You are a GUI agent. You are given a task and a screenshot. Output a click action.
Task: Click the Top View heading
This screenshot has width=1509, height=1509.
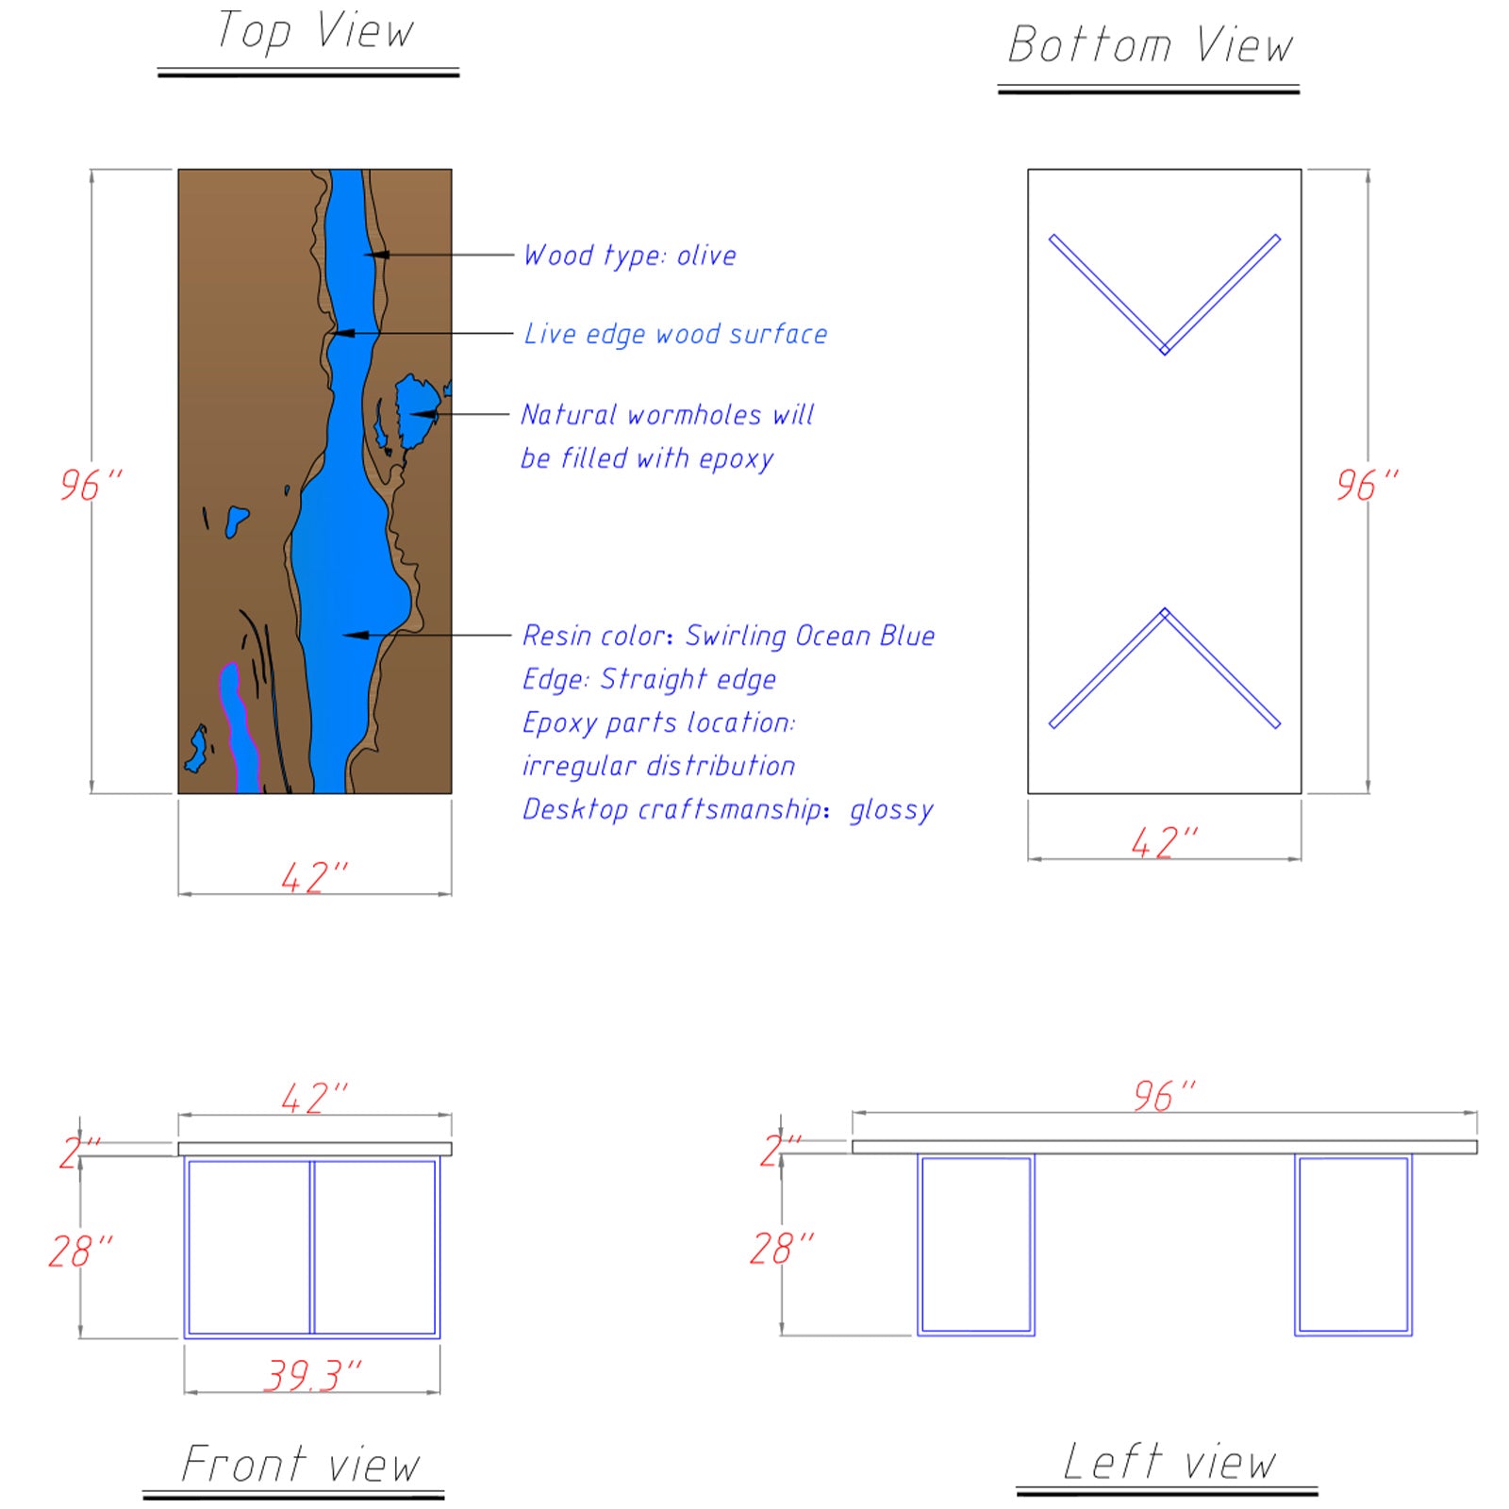[x=314, y=31]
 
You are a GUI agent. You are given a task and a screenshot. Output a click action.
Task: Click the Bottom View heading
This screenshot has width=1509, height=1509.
[x=1150, y=45]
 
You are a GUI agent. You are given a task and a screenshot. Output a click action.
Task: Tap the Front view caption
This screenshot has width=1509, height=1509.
[x=300, y=1464]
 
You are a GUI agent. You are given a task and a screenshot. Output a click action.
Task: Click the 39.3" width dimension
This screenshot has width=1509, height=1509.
[x=313, y=1375]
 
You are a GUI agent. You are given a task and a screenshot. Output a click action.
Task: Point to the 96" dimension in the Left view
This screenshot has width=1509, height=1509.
[x=1164, y=1096]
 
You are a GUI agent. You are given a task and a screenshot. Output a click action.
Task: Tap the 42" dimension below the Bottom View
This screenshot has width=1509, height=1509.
[x=1164, y=842]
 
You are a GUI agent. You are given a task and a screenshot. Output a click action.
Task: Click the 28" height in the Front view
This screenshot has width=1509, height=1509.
[x=80, y=1252]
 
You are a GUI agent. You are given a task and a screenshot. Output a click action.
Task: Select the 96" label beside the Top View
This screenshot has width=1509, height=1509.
[x=91, y=485]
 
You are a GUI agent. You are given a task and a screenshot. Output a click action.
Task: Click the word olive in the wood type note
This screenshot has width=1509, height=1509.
[x=706, y=256]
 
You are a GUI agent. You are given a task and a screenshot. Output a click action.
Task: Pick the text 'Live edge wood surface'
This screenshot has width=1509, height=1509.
[x=675, y=334]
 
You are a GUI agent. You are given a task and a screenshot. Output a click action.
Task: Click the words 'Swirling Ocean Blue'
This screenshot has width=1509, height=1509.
[x=809, y=636]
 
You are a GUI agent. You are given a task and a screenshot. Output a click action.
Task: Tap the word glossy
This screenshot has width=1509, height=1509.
[x=891, y=810]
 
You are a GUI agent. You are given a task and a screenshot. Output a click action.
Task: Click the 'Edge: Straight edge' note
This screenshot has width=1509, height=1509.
[x=649, y=679]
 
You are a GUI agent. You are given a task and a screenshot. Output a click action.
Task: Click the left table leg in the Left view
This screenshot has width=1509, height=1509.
[x=976, y=1244]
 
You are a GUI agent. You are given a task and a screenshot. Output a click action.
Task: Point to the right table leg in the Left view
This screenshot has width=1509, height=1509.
[x=1352, y=1244]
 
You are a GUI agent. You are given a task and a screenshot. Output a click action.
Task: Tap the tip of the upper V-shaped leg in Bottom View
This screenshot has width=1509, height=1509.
[x=1165, y=350]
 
